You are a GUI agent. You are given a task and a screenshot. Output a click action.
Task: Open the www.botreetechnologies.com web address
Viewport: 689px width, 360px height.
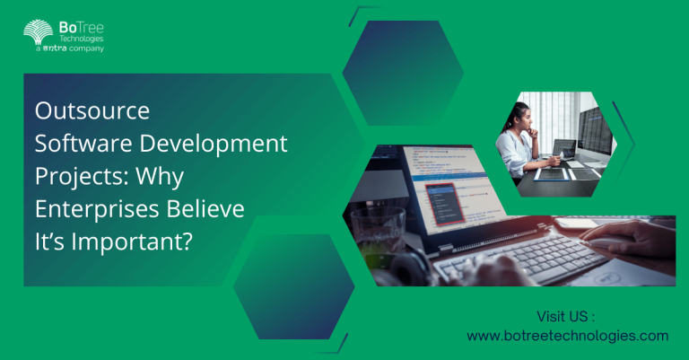(x=567, y=335)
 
